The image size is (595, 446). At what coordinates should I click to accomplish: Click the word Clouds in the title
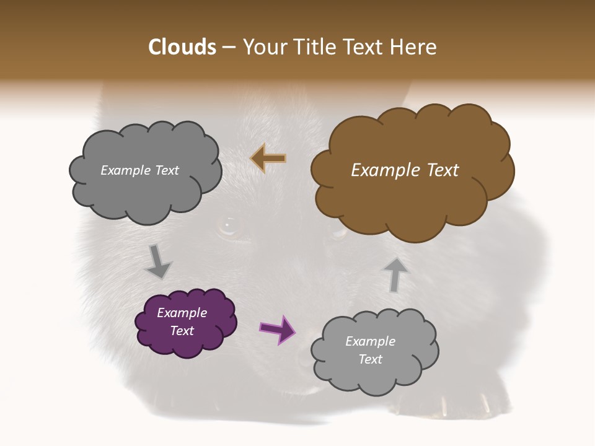coord(182,47)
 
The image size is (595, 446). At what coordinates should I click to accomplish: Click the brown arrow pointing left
coord(268,159)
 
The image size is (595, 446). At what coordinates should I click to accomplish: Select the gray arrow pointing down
coord(158,261)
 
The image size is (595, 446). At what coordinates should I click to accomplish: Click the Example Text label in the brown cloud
coord(405,170)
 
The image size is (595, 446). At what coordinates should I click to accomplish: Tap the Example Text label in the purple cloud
coord(182,321)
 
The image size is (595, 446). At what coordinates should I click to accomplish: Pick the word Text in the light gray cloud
coord(371,359)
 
